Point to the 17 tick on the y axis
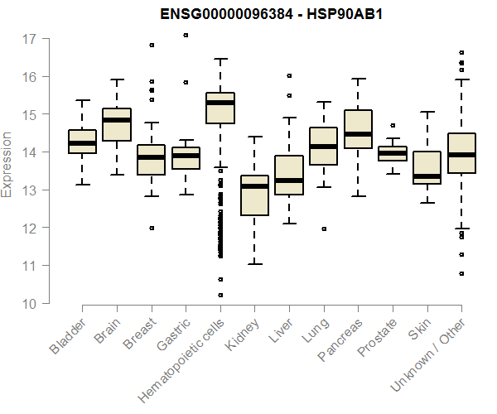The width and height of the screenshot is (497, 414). [29, 39]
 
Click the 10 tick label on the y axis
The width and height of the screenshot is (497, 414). [29, 304]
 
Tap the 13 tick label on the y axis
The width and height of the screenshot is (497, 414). [29, 190]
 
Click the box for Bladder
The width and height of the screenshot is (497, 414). [82, 142]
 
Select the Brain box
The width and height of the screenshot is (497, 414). [117, 125]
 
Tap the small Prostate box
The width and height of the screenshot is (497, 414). [393, 152]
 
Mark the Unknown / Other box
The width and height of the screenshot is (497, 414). [461, 153]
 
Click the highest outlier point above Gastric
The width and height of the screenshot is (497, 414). [186, 35]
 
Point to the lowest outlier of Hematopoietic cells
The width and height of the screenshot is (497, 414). [220, 295]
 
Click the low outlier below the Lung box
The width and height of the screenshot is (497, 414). [323, 229]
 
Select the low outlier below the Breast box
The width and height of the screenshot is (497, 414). [152, 228]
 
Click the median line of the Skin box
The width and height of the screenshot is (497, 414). [427, 176]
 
